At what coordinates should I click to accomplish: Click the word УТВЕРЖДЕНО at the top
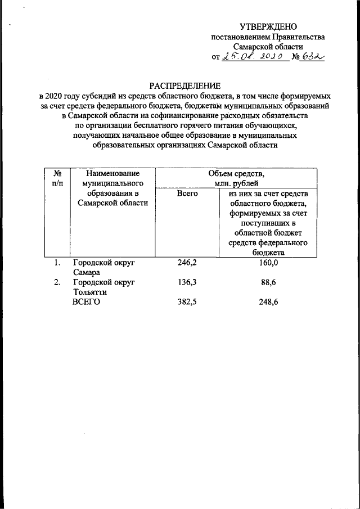[x=268, y=27]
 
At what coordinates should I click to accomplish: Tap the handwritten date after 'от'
[x=250, y=57]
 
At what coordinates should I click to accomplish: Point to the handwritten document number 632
[x=313, y=57]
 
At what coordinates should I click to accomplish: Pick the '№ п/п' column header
[x=57, y=178]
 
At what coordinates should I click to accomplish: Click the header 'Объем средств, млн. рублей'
[x=236, y=178]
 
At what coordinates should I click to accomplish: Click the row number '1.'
[x=57, y=263]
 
